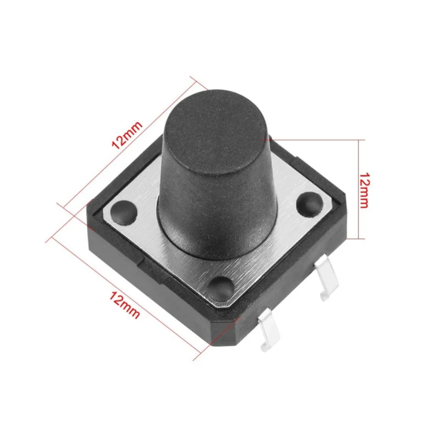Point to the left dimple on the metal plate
tap(124, 211)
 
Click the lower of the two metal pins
tap(267, 332)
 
